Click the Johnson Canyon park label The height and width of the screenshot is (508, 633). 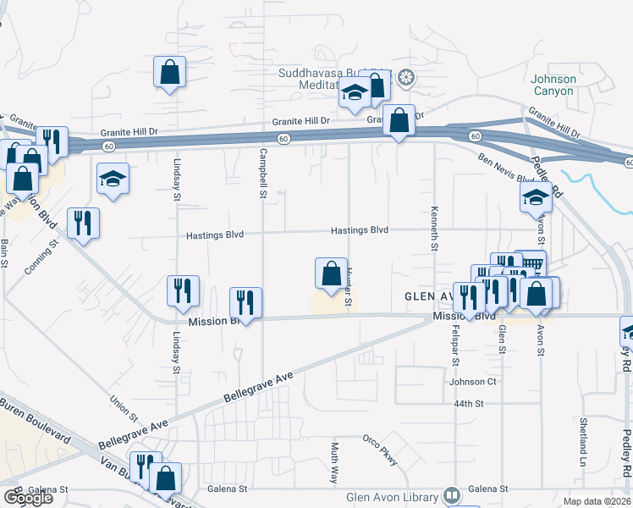[x=553, y=85]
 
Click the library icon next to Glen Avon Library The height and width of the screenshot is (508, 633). [x=451, y=495]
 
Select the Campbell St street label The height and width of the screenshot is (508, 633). [x=263, y=174]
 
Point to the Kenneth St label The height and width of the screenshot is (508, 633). [x=435, y=228]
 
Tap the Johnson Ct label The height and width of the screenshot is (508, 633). [x=472, y=381]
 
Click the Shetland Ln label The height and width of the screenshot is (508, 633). [x=583, y=433]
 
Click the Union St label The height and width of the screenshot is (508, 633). [x=124, y=407]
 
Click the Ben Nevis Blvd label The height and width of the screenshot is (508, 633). [x=507, y=168]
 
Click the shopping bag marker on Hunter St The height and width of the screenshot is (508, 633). [x=329, y=273]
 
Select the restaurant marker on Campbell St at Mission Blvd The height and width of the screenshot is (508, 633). [x=245, y=303]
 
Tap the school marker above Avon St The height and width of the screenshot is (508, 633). [x=535, y=198]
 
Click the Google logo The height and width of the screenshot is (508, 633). [x=28, y=498]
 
